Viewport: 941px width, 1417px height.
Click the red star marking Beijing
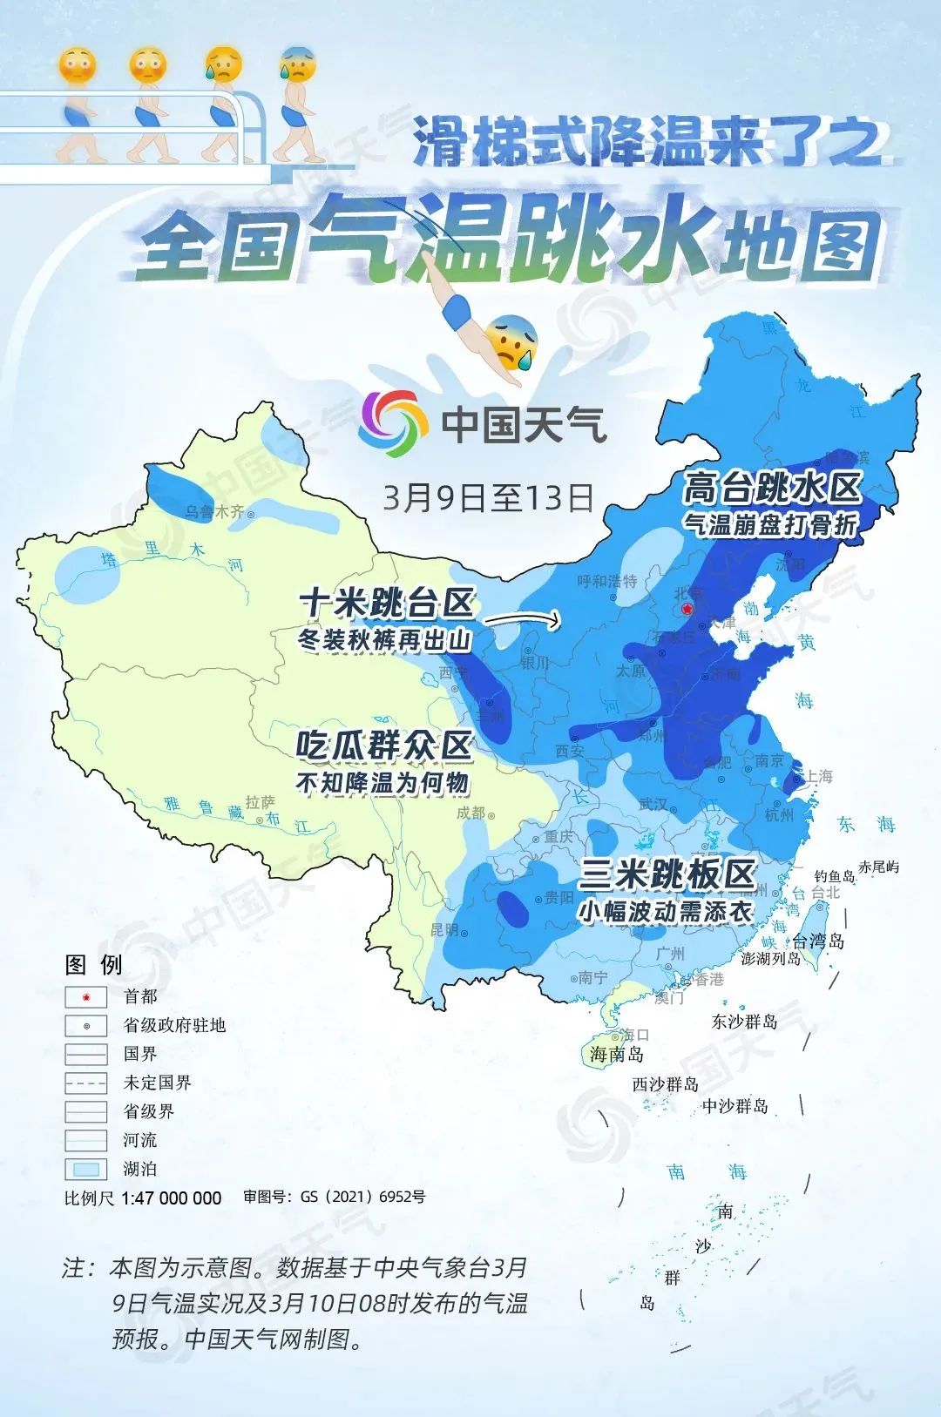(x=688, y=609)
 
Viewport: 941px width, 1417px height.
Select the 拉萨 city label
(x=260, y=802)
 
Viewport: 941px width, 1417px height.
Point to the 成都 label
(x=471, y=813)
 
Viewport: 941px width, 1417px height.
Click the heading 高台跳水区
(x=772, y=488)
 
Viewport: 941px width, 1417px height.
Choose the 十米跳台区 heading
(x=387, y=602)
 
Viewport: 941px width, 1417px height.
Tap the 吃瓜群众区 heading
(x=384, y=746)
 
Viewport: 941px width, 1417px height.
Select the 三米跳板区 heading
(x=667, y=874)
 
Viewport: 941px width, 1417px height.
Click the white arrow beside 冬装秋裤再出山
(x=521, y=620)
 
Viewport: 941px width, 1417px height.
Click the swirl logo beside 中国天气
(x=394, y=423)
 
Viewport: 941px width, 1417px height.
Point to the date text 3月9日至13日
(x=488, y=497)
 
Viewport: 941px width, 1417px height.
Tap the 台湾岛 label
(x=818, y=941)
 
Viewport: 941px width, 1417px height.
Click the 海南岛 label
(x=616, y=1054)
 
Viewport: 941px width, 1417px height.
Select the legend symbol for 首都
(x=86, y=997)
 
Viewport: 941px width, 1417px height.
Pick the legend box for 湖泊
(x=86, y=1169)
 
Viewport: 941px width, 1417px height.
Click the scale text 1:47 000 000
(x=171, y=1198)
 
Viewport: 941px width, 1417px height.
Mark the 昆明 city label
(x=444, y=929)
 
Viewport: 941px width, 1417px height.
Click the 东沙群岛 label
(x=744, y=1022)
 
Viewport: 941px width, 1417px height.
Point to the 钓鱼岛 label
(x=835, y=876)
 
